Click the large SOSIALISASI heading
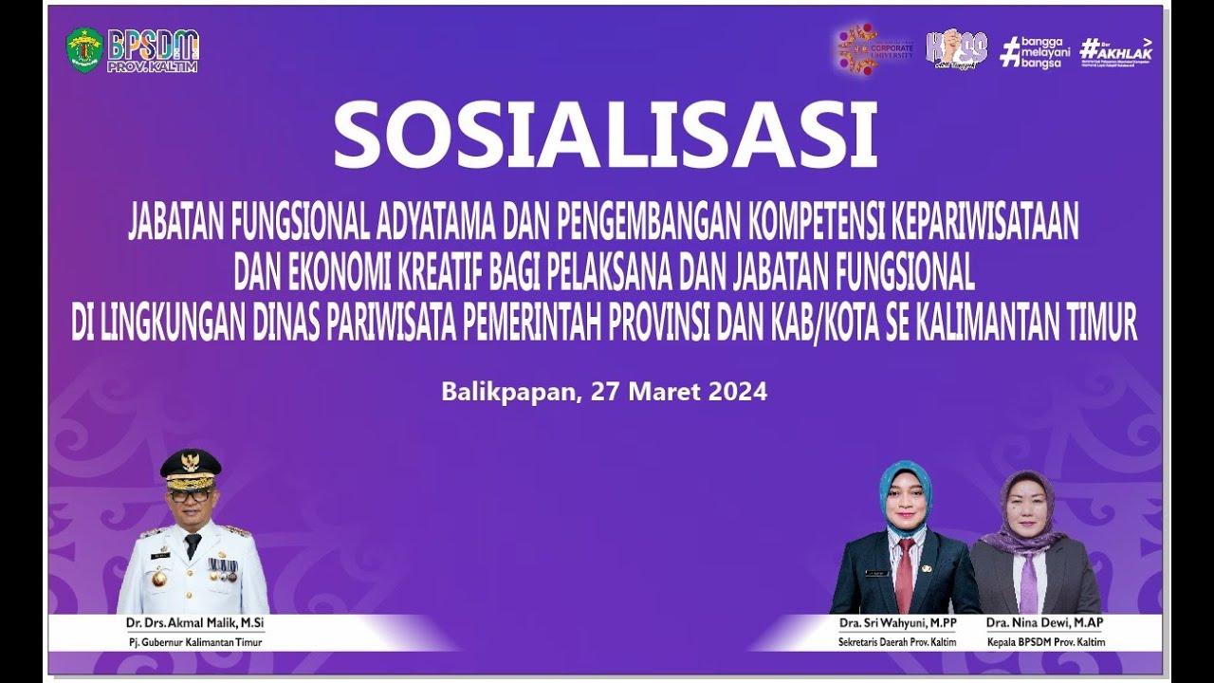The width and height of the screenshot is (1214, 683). (x=605, y=136)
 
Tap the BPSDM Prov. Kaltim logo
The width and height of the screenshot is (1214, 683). (x=153, y=50)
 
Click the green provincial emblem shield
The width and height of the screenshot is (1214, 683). (x=83, y=49)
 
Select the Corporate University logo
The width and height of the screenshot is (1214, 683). (x=874, y=49)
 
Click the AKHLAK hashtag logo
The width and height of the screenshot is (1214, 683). (x=1116, y=50)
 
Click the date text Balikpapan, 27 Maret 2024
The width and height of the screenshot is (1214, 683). (x=604, y=392)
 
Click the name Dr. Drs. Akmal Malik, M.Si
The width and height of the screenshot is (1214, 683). (x=195, y=623)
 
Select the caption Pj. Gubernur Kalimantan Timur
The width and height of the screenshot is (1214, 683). (x=195, y=642)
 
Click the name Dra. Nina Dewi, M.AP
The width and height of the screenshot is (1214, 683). (x=1044, y=623)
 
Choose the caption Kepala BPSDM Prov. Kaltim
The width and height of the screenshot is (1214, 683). (x=1044, y=642)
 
